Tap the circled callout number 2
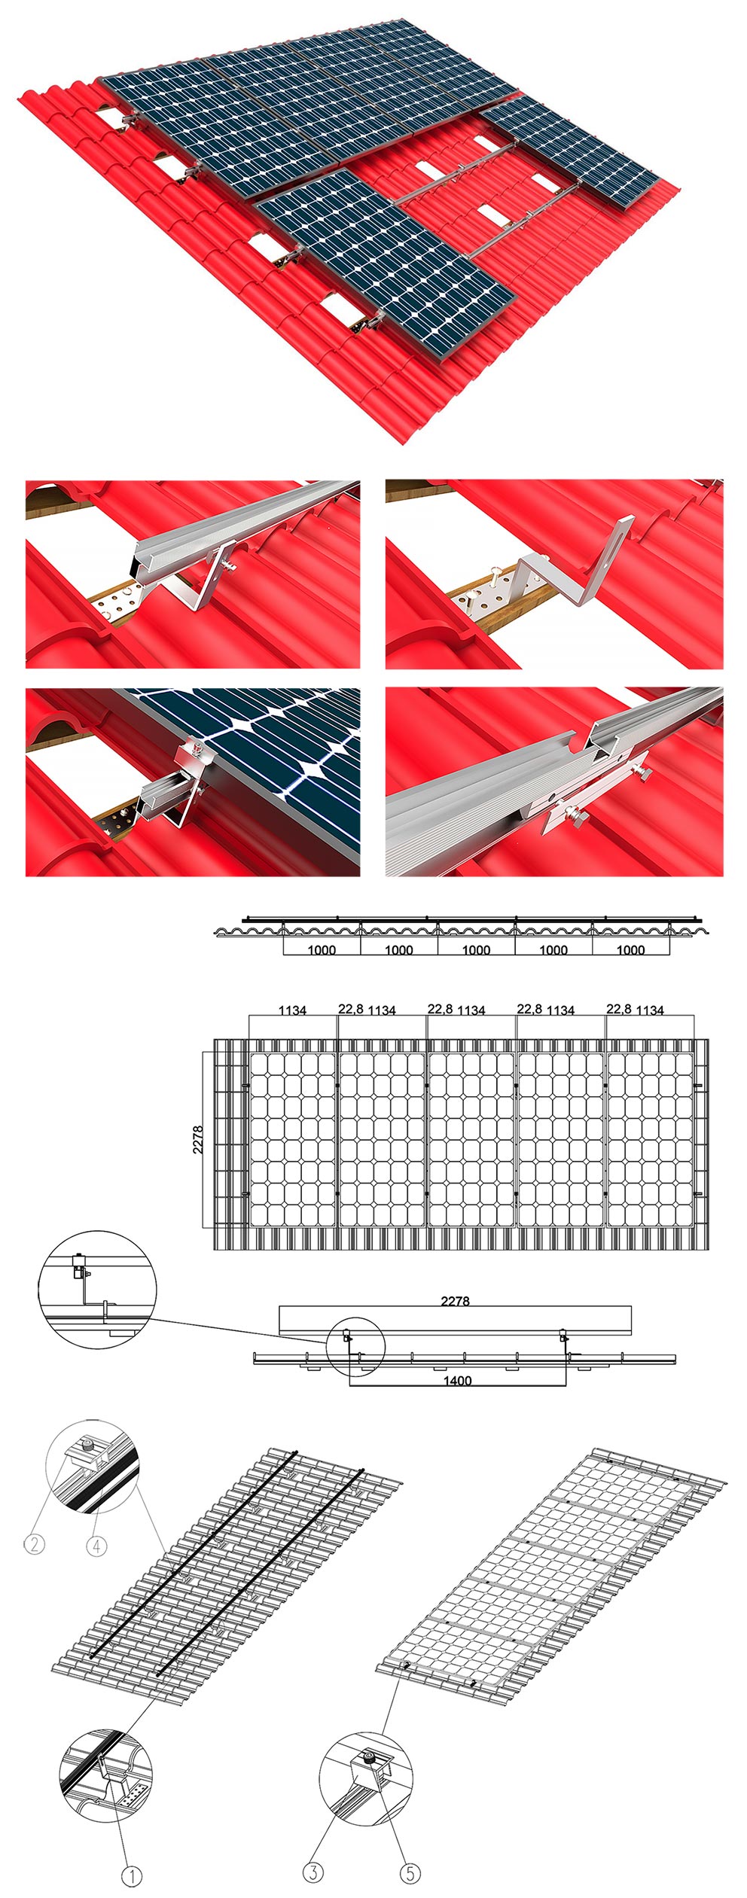pyautogui.click(x=34, y=1544)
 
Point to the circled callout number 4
pyautogui.click(x=96, y=1546)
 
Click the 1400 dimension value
pyautogui.click(x=457, y=1381)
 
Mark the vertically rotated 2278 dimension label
pyautogui.click(x=198, y=1140)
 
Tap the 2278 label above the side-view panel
pyautogui.click(x=455, y=1300)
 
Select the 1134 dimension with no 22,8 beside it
pyautogui.click(x=292, y=1010)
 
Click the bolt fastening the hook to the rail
pyautogui.click(x=227, y=565)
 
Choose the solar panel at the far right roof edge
pyautogui.click(x=569, y=151)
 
